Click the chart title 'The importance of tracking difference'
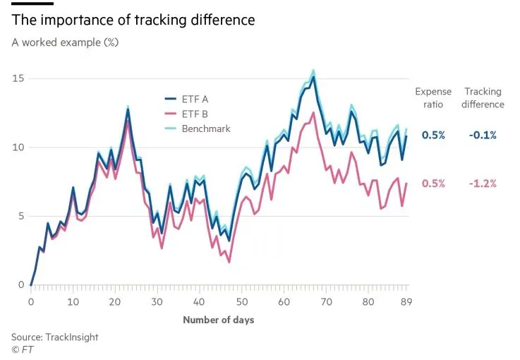point(133,20)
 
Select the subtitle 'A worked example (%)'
point(65,42)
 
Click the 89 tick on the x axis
point(406,302)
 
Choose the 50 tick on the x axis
point(241,302)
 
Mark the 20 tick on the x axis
point(115,302)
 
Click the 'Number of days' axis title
point(219,320)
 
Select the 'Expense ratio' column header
point(433,98)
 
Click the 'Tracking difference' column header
point(483,98)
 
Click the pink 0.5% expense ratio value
point(433,184)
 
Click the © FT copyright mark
point(23,349)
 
